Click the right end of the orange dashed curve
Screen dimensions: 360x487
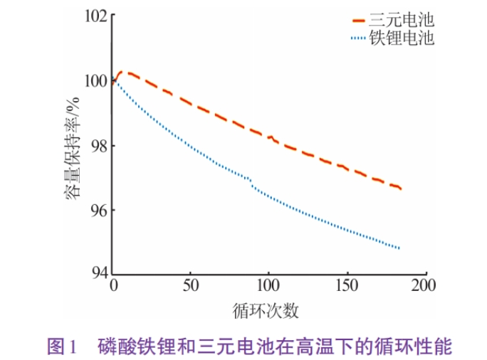(401, 189)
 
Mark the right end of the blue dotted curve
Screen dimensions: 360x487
(399, 248)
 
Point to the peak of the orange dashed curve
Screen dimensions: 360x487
(121, 72)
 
